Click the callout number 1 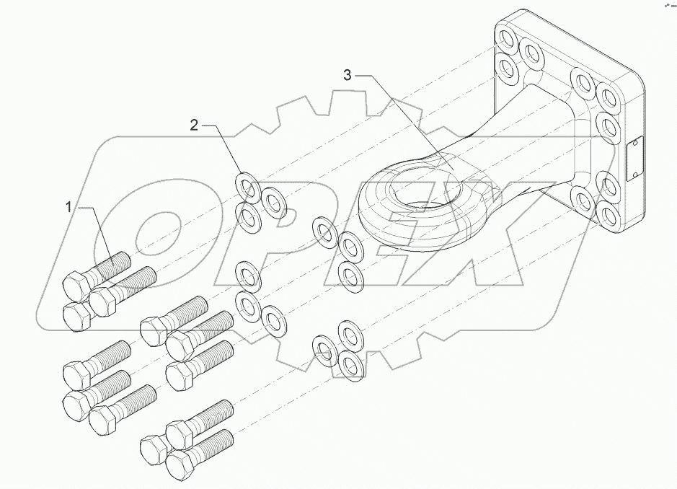69,208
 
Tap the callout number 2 193,125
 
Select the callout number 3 348,75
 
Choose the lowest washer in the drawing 349,364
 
